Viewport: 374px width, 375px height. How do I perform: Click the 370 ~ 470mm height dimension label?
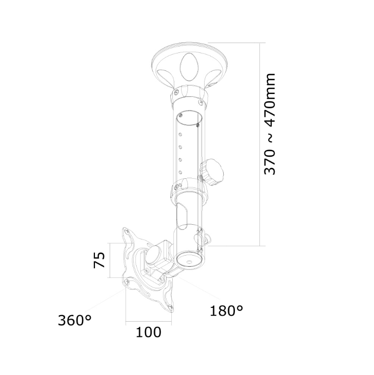tap(270, 124)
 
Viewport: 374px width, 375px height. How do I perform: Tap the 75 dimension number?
tap(99, 260)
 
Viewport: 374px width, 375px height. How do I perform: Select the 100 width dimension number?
tap(148, 332)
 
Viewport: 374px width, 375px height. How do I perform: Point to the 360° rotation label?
tap(74, 320)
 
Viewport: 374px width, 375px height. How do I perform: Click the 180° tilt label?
tap(226, 311)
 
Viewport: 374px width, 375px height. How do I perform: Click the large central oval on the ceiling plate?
tap(189, 67)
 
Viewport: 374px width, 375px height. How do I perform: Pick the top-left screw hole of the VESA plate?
tap(127, 231)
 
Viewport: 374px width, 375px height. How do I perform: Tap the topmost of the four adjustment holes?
tap(181, 134)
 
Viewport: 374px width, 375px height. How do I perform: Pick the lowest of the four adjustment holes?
tap(181, 172)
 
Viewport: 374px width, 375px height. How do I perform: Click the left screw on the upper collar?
tap(177, 92)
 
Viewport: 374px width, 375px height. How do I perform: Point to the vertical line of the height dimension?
tap(260, 144)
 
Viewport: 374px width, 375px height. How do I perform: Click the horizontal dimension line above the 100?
tap(148, 322)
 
